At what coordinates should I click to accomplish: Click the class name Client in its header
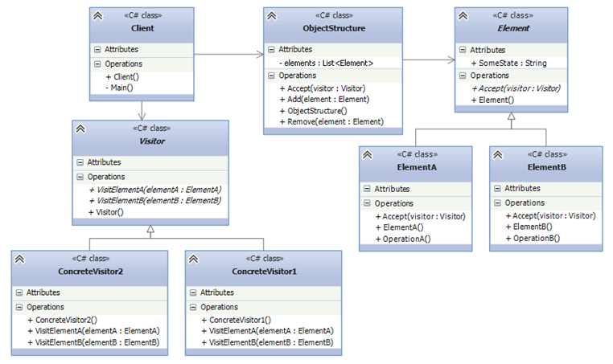click(x=142, y=28)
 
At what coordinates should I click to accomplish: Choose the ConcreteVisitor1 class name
click(x=264, y=271)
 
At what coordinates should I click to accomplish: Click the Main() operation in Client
click(x=118, y=88)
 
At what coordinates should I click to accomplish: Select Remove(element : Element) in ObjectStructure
click(x=331, y=121)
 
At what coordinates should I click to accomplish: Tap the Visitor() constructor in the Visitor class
click(x=109, y=212)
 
